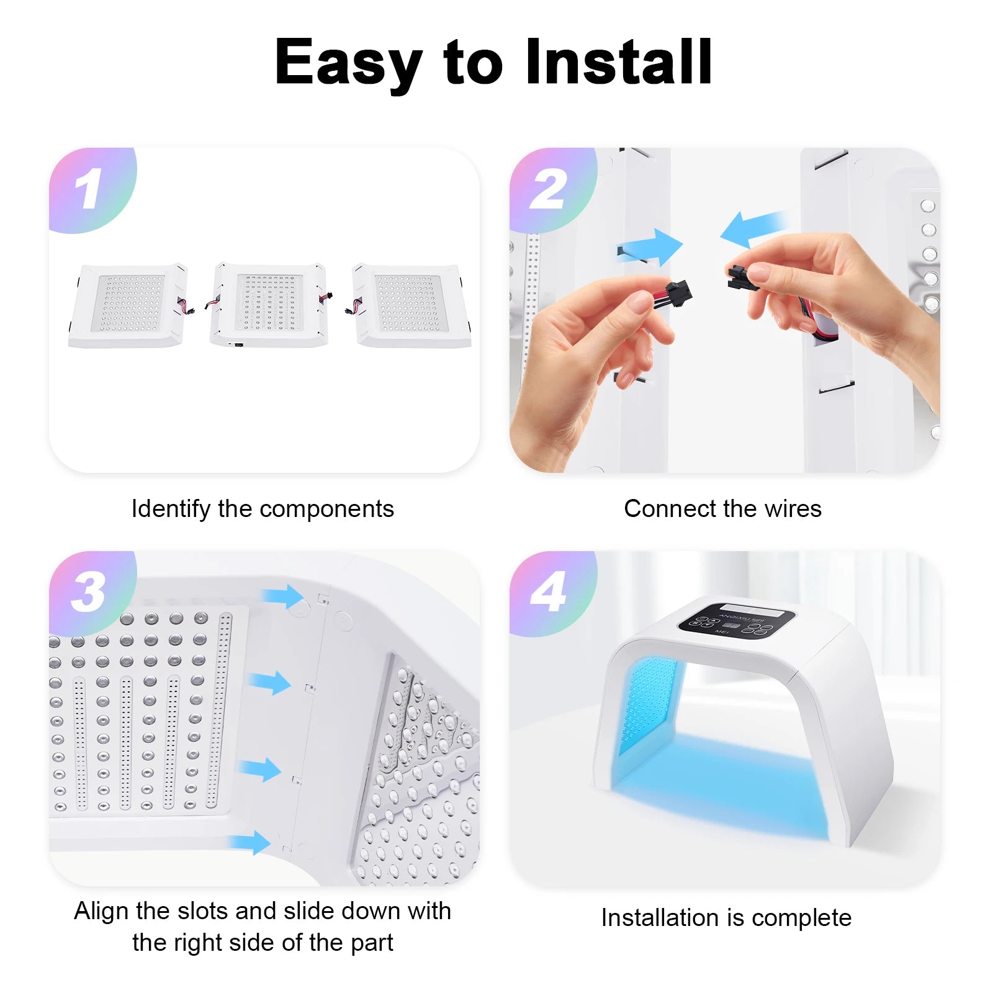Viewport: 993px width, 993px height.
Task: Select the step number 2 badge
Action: [549, 189]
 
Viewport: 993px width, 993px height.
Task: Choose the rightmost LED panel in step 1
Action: [411, 305]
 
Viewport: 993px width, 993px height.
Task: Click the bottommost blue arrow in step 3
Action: [250, 843]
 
